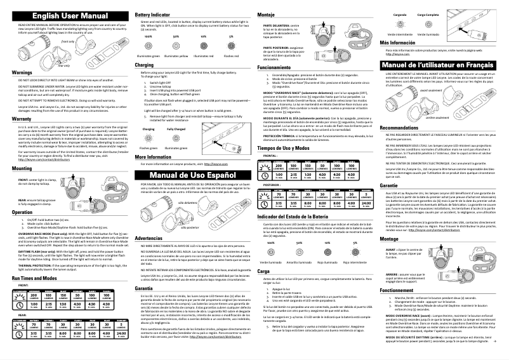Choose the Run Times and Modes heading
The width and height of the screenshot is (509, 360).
click(35, 278)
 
